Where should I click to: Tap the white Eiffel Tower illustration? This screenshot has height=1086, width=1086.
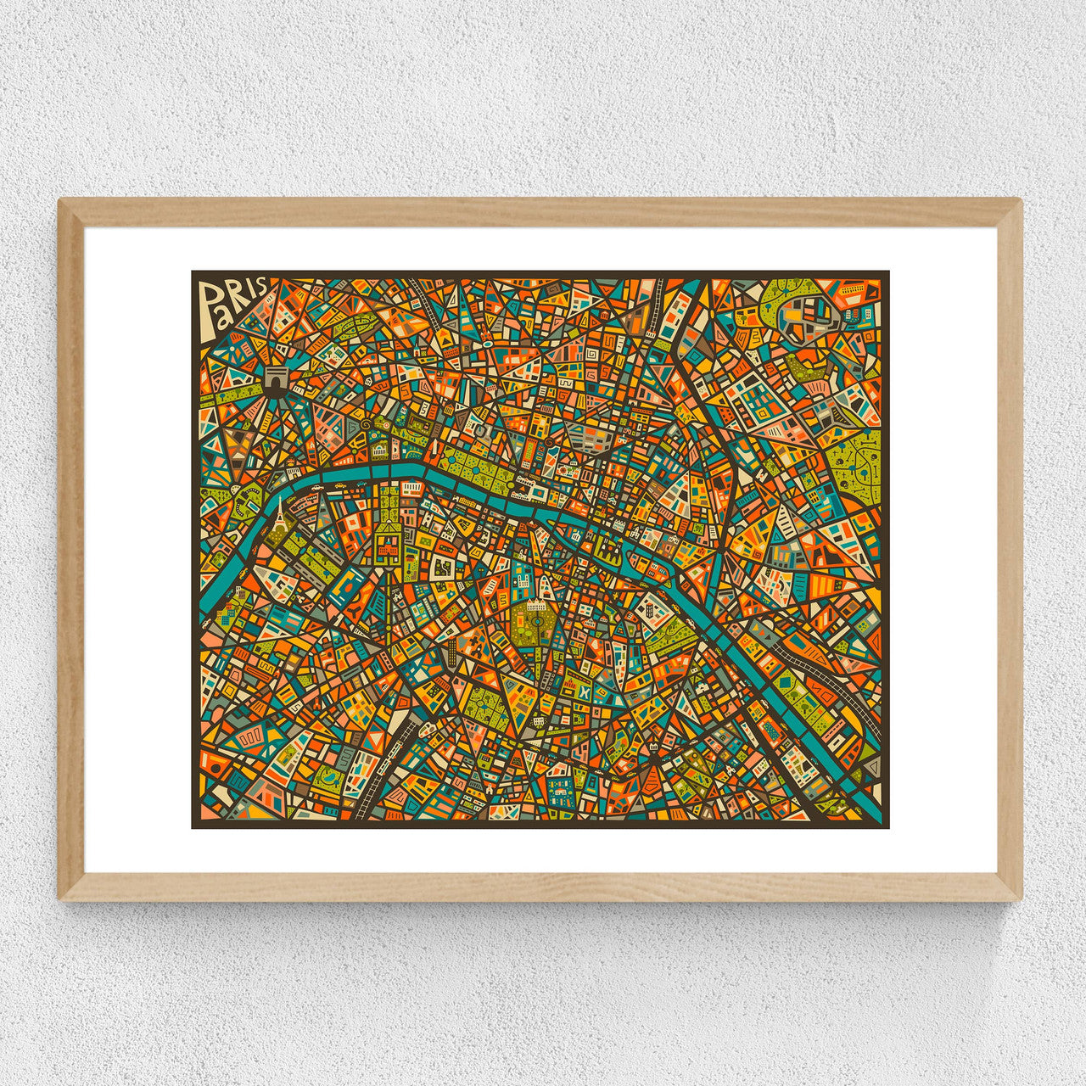pyautogui.click(x=279, y=514)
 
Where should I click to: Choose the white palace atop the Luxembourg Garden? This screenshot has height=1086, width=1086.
pyautogui.click(x=536, y=606)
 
